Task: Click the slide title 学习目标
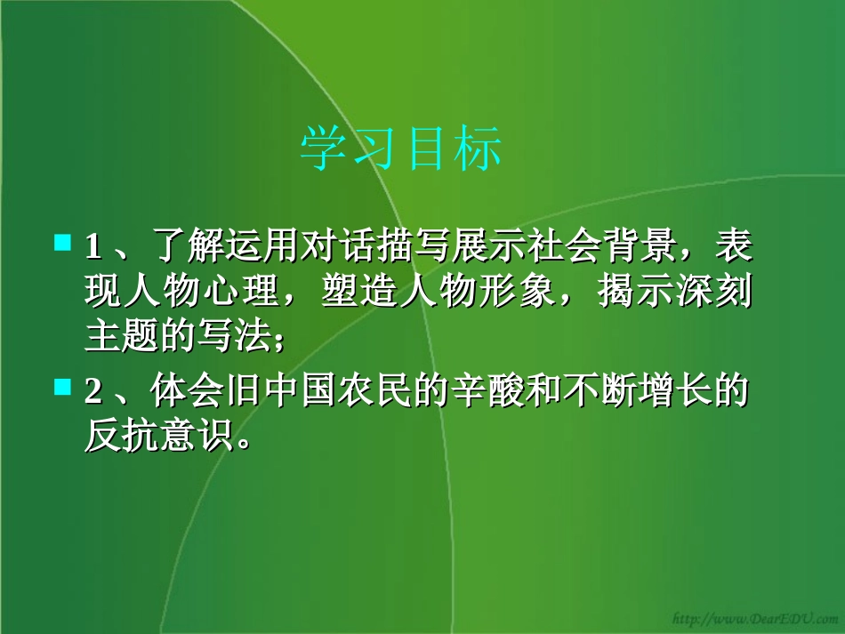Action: tap(401, 148)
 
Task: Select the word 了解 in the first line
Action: tap(168, 246)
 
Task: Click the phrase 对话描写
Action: tap(352, 246)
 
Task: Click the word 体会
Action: tap(168, 392)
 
